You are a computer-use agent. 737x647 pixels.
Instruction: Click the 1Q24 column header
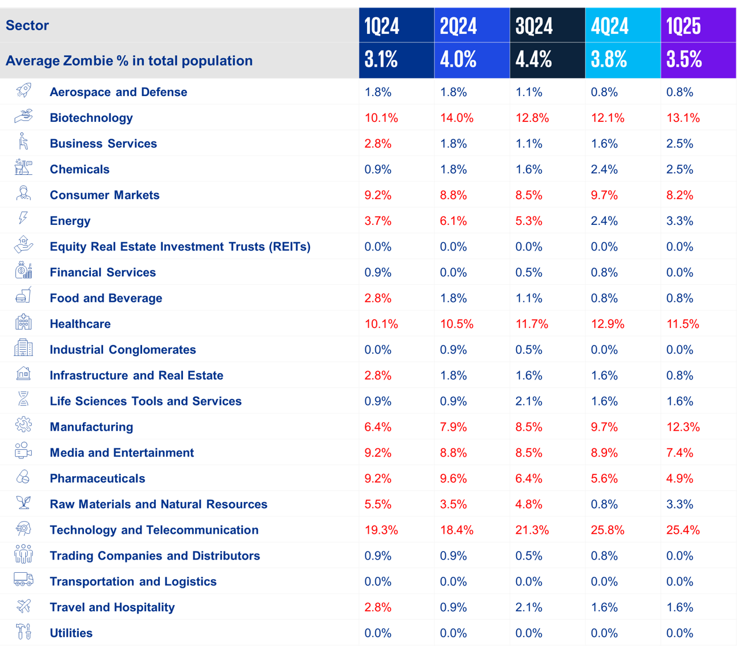pos(382,26)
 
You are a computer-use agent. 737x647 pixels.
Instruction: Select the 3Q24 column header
pos(533,26)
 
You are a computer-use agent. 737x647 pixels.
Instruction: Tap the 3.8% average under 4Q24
pos(609,60)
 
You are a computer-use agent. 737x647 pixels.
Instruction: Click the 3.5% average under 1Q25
pos(684,60)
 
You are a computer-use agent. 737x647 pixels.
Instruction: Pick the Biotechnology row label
pos(91,118)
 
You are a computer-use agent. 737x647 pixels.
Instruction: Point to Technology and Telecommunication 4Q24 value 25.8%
pos(608,530)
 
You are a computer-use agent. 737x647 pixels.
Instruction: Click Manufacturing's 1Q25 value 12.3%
pos(683,427)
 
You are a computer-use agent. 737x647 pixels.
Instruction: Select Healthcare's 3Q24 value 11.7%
pos(532,324)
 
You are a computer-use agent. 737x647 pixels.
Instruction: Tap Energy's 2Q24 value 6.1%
pos(453,221)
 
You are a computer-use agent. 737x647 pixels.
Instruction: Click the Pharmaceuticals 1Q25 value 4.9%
pos(679,478)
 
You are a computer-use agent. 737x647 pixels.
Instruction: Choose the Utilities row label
pos(71,633)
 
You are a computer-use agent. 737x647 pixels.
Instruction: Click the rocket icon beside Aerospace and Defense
pos(24,90)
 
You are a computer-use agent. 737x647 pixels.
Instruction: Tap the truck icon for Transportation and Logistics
pos(24,579)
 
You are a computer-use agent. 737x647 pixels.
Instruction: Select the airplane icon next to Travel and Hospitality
pos(24,606)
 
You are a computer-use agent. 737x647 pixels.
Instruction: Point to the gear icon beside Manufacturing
pos(24,425)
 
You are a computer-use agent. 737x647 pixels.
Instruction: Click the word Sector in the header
pos(27,25)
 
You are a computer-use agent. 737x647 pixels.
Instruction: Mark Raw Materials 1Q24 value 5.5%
pos(378,504)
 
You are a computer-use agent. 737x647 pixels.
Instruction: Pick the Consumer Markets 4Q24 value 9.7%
pos(604,196)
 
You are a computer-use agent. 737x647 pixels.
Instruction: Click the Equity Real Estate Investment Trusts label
pos(180,247)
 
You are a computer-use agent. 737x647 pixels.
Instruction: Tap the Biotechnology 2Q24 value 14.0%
pos(457,118)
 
